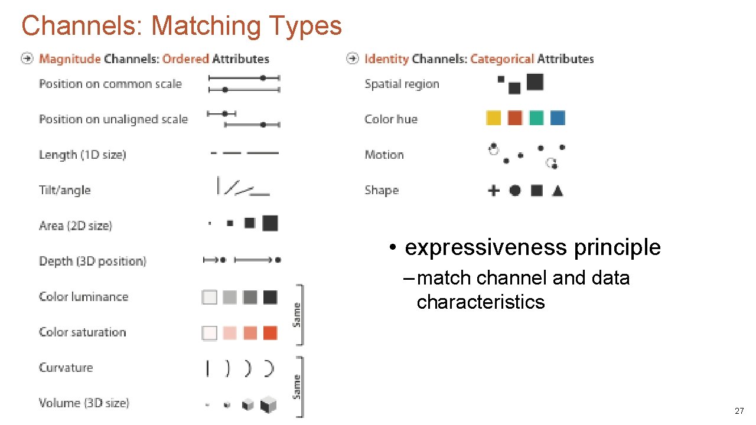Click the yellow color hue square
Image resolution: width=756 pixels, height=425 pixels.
click(x=493, y=118)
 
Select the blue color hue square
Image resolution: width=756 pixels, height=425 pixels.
click(x=558, y=118)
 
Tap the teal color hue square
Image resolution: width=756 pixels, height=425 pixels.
click(x=536, y=118)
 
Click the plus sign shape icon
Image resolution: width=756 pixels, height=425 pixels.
click(x=494, y=190)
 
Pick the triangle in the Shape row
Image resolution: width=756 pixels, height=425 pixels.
click(x=558, y=191)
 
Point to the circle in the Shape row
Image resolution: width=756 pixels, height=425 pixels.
click(x=515, y=190)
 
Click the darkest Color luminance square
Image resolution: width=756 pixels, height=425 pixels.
click(x=270, y=297)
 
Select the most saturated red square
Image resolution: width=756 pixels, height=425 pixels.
click(x=270, y=332)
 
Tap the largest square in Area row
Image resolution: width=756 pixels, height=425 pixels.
click(x=270, y=223)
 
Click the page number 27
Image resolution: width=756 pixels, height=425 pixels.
click(x=739, y=411)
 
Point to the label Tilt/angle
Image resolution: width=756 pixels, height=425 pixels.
click(x=65, y=190)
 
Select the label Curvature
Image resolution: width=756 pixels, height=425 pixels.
click(x=66, y=367)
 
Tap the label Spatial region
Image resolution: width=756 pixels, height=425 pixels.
click(x=402, y=84)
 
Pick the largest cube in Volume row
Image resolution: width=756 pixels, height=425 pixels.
click(x=269, y=404)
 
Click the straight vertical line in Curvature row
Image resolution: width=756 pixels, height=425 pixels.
click(x=207, y=368)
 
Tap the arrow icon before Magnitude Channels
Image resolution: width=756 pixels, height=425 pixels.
click(x=27, y=58)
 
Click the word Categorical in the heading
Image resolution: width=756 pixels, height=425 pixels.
click(x=502, y=59)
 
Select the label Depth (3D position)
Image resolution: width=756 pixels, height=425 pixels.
click(x=92, y=261)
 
